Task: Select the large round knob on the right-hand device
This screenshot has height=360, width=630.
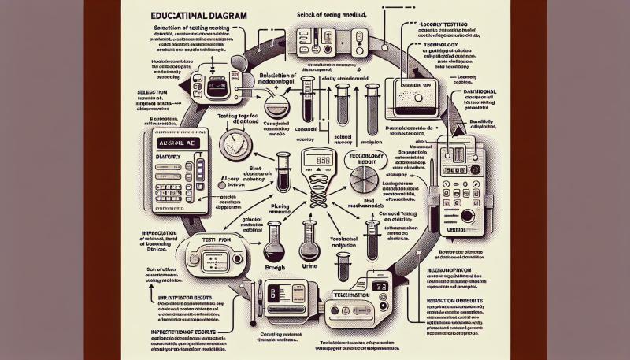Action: (x=468, y=215)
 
